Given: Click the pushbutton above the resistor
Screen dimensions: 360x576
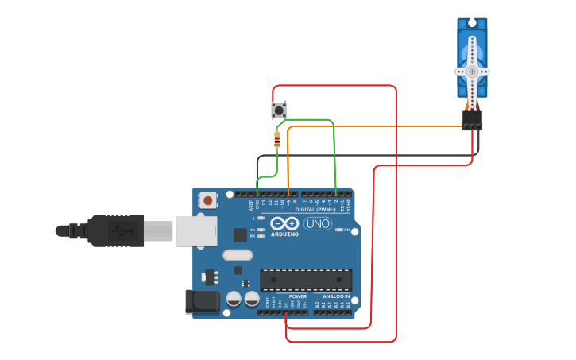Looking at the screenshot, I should tap(278, 110).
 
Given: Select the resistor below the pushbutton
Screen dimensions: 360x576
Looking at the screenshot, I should tap(276, 140).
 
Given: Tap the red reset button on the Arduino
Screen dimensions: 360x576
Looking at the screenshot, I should tap(207, 200).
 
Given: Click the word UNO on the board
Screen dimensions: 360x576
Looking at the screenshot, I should tap(318, 223).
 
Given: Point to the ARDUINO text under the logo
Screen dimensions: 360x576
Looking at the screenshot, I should tap(284, 234).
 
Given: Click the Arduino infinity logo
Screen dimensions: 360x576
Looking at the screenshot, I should tap(284, 223).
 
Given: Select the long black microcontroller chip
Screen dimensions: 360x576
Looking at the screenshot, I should tap(306, 280).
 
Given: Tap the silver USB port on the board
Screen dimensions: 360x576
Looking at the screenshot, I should tap(195, 230).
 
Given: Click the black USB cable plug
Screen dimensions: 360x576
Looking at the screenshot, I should tap(115, 230).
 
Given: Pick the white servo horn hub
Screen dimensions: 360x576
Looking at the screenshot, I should tap(472, 71).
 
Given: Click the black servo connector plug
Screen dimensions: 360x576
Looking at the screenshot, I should tap(472, 120).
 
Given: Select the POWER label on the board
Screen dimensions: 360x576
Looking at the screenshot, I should tap(298, 296).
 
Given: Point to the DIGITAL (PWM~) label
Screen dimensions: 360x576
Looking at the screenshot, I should tap(322, 210).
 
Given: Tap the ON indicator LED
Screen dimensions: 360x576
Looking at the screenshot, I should tap(339, 230).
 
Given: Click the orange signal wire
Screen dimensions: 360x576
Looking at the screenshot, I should tap(373, 126).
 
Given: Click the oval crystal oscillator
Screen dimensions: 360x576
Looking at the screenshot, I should tap(237, 255).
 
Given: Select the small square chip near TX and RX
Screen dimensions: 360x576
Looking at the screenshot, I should tap(240, 234).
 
